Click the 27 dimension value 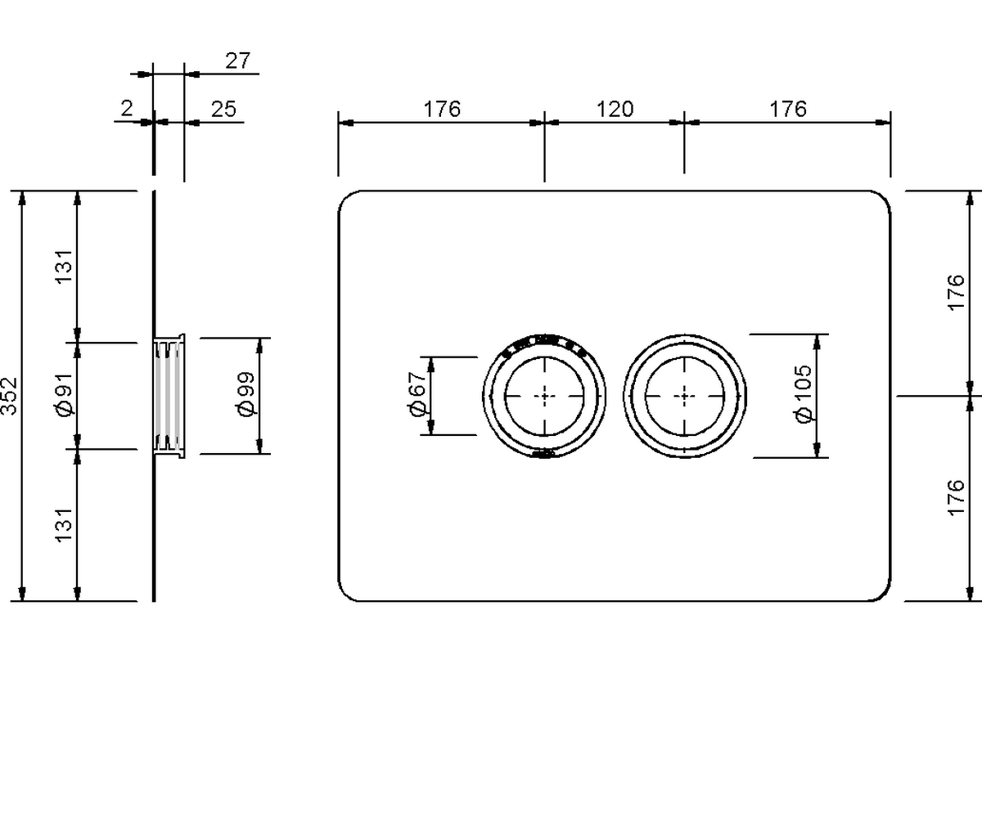point(238,61)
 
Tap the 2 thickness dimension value point(126,108)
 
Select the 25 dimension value point(223,108)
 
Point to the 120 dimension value point(615,109)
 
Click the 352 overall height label point(9,396)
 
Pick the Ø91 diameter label point(64,396)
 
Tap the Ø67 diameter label point(417,396)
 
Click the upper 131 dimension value point(64,266)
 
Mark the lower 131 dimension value point(64,524)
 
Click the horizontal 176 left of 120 point(442,109)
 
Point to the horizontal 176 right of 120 point(788,109)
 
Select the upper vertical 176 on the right point(955,293)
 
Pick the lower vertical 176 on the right point(955,498)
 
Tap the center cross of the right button point(685,396)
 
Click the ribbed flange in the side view point(169,396)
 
